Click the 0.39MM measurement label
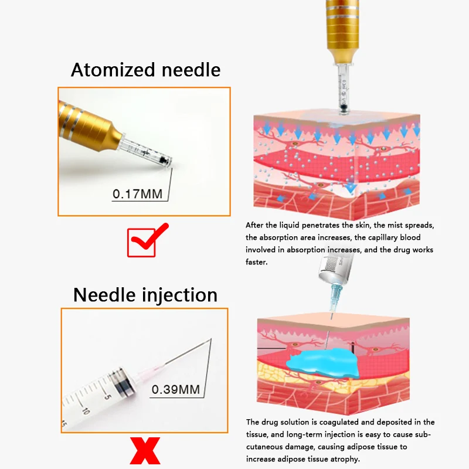pyautogui.click(x=176, y=389)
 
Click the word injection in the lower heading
pyautogui.click(x=176, y=294)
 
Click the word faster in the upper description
pyautogui.click(x=256, y=262)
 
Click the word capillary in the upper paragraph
pyautogui.click(x=380, y=237)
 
